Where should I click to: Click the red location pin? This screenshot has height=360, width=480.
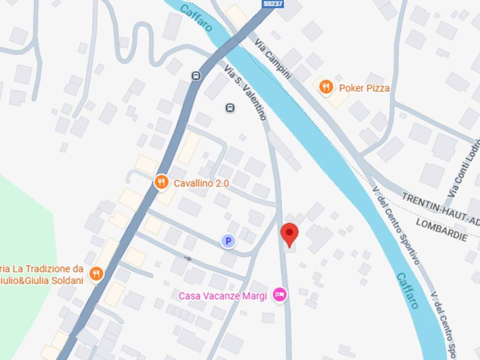(x=289, y=234)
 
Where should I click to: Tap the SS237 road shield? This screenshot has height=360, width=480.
(x=273, y=4)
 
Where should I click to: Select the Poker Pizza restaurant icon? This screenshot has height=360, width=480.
(x=326, y=87)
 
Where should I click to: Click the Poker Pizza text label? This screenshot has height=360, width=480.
(x=364, y=88)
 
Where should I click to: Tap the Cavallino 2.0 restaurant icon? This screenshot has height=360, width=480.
(x=161, y=182)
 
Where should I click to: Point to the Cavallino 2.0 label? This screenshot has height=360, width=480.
(x=201, y=184)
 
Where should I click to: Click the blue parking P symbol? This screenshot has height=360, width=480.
(x=228, y=241)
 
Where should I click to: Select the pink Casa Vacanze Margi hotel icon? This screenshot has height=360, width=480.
(x=280, y=295)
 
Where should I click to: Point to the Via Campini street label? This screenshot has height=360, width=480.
(x=273, y=59)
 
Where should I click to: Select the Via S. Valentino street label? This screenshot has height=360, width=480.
(x=245, y=92)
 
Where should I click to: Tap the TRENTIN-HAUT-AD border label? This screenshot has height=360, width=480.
(x=441, y=207)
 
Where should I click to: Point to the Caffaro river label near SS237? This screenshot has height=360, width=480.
(x=196, y=18)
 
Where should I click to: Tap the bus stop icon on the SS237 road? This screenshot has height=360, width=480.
(x=196, y=75)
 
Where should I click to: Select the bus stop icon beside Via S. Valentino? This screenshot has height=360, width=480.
(x=230, y=108)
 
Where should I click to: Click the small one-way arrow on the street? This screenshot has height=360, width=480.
(x=188, y=258)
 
